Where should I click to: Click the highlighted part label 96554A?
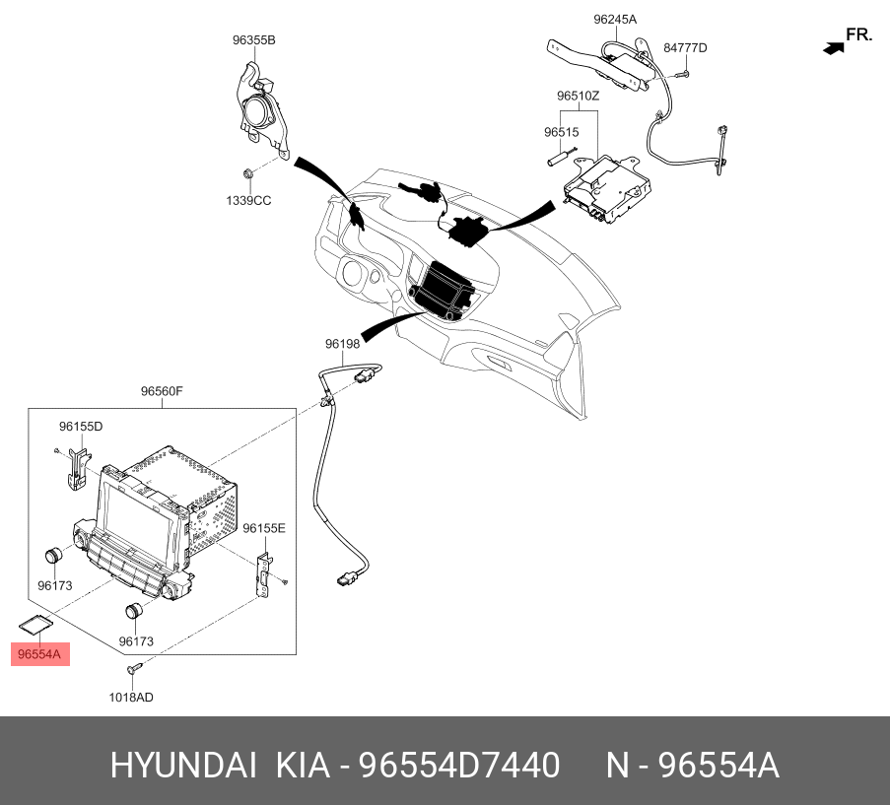pos(39,654)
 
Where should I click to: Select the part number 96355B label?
pos(253,40)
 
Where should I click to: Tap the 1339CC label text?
pos(248,201)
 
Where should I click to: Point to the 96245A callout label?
pos(615,20)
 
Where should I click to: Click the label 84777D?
pos(685,48)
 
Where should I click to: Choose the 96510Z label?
pos(578,96)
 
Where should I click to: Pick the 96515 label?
pos(562,132)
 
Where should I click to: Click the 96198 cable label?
pos(342,344)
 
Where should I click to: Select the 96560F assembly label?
pos(162,391)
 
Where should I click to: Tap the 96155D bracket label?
pos(81,427)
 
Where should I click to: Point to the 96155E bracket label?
pos(264,529)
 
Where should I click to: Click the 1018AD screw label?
pos(131,698)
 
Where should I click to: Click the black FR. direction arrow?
pos(834,48)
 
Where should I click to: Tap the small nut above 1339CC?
pos(247,172)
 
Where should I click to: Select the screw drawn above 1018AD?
pos(134,668)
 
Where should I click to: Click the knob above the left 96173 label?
pos(54,556)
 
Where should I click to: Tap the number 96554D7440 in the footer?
pos(459,765)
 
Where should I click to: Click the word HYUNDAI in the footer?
pos(183,765)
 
